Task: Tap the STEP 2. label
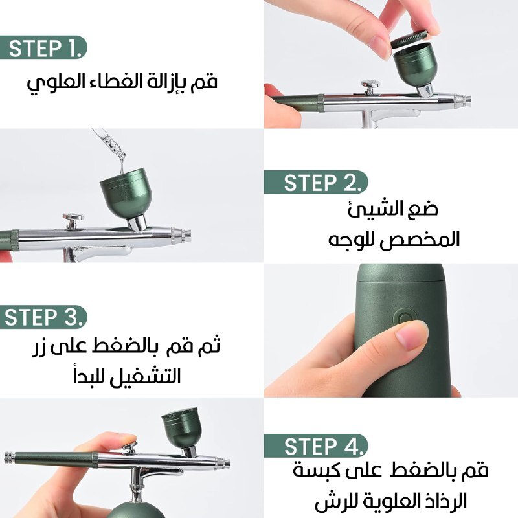[321, 183]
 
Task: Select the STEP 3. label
[43, 317]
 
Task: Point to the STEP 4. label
[321, 446]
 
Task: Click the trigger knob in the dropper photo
[73, 220]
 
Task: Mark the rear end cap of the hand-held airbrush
[10, 456]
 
